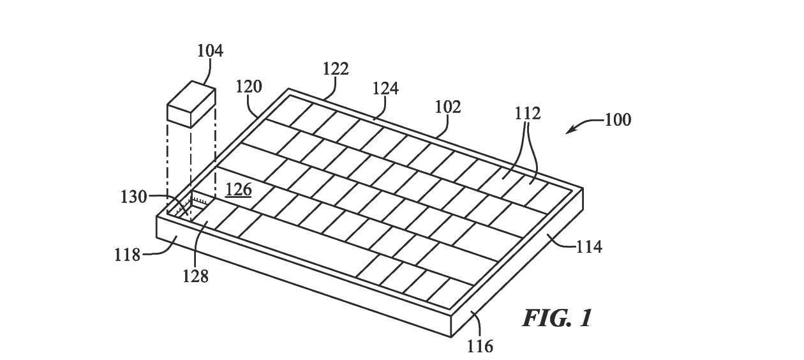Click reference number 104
click(211, 50)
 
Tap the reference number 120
click(249, 87)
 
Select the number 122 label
click(336, 68)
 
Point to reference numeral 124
click(385, 88)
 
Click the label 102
click(448, 107)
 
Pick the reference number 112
click(528, 114)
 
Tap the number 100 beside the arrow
click(618, 120)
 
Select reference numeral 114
click(589, 247)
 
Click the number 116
click(480, 347)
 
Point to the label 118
click(127, 255)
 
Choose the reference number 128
click(196, 276)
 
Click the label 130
click(133, 197)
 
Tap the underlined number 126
click(239, 190)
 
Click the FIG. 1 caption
click(556, 318)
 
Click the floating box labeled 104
click(191, 104)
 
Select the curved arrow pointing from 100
click(585, 125)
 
